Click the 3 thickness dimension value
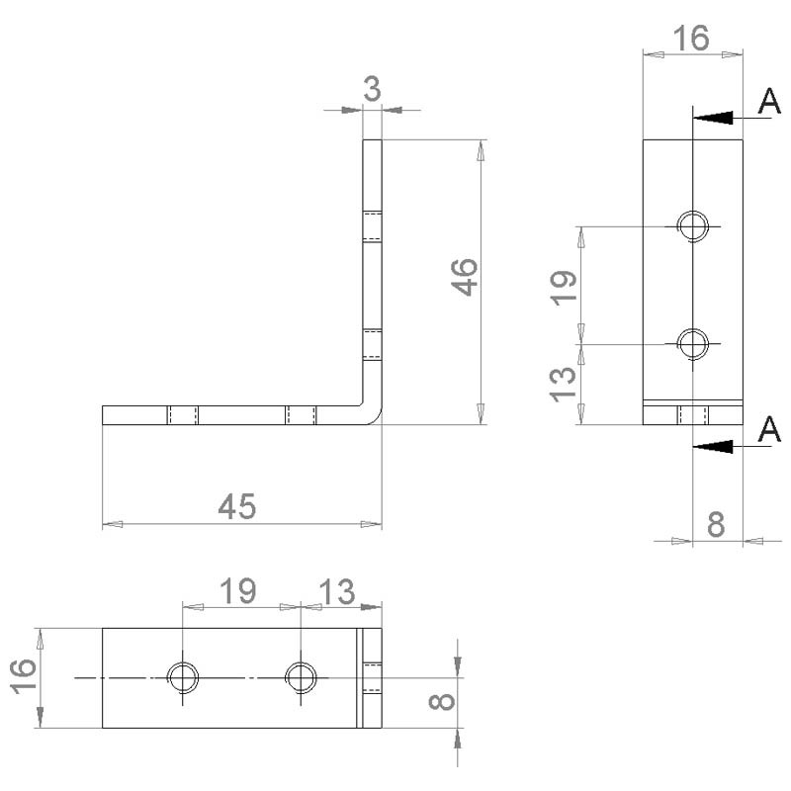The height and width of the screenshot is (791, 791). [372, 89]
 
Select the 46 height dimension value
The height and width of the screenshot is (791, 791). [464, 279]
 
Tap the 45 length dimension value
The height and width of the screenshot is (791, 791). [237, 506]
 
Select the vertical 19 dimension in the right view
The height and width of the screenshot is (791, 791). [563, 286]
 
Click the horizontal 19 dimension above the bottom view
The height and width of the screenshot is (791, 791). [237, 591]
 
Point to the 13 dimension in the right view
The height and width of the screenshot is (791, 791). [563, 385]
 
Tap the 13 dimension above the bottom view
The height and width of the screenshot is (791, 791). [336, 591]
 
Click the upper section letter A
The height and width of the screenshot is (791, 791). [769, 102]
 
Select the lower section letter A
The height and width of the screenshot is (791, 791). [769, 430]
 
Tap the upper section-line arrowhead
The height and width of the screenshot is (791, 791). [713, 117]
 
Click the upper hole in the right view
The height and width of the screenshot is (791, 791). [693, 225]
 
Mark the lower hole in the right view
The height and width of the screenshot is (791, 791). [693, 343]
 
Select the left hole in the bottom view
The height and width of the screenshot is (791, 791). [183, 677]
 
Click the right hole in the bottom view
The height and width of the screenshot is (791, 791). [301, 677]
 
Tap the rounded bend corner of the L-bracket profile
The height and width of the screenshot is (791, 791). [373, 416]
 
